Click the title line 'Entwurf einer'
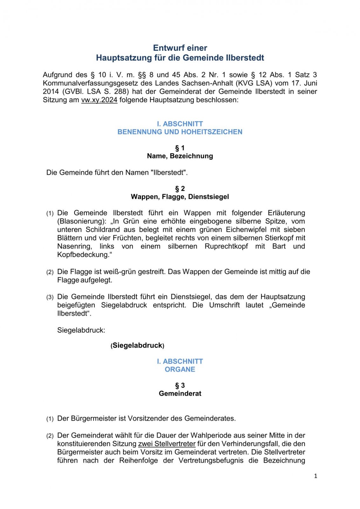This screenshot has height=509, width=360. (x=180, y=48)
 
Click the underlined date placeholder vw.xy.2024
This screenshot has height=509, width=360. (x=99, y=100)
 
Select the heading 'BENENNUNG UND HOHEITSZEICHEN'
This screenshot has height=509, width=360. (x=180, y=132)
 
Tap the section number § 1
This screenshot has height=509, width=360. (x=180, y=148)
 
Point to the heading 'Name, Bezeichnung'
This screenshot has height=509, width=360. (x=180, y=156)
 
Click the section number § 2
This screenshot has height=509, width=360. (x=180, y=189)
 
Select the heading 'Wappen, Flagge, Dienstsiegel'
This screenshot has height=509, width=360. (x=180, y=197)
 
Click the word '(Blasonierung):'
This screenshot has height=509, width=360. (x=82, y=221)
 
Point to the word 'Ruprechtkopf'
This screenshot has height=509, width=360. (x=226, y=247)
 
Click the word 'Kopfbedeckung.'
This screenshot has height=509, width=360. (x=85, y=255)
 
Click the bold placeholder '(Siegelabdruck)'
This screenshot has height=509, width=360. (x=137, y=346)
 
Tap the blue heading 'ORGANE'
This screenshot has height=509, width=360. (x=180, y=370)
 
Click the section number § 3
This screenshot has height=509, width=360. (x=180, y=386)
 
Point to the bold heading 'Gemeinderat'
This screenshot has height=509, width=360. (x=180, y=394)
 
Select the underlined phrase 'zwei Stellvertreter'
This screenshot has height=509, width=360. (x=167, y=444)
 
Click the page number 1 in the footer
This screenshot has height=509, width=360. (x=315, y=476)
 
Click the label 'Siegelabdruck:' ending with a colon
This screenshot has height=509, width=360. (x=81, y=331)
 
